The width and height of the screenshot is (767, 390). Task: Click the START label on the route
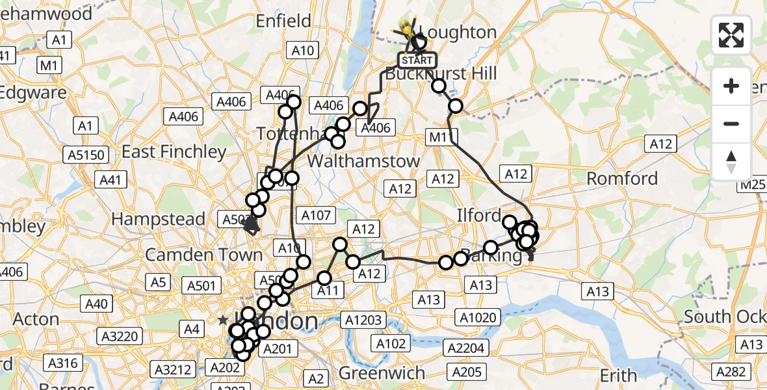[x=416, y=60]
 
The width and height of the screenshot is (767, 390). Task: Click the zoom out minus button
[x=731, y=123]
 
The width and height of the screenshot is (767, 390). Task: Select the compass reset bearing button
[x=731, y=162]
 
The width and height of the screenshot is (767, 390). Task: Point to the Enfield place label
[x=283, y=21]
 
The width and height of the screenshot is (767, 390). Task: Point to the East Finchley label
[x=174, y=152]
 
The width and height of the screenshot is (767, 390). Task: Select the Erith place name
[x=619, y=375]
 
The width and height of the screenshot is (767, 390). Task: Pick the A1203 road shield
[x=365, y=320]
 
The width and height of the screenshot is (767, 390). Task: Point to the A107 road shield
[x=316, y=215]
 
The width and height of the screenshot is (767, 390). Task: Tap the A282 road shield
[x=732, y=371]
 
